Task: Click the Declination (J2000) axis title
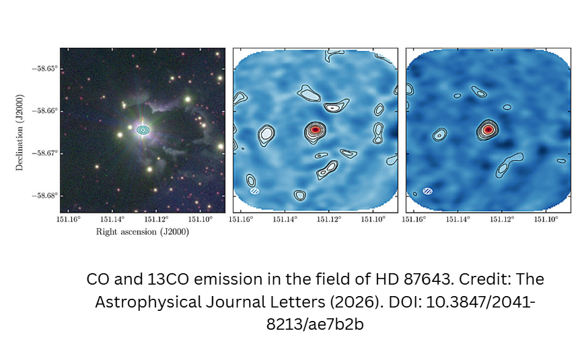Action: (x=20, y=133)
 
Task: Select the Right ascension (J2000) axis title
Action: (x=143, y=231)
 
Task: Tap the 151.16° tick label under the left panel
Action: (x=69, y=219)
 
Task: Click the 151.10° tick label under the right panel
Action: (x=546, y=219)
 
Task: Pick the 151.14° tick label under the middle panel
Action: (x=285, y=219)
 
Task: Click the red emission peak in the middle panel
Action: (x=315, y=130)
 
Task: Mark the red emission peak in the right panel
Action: (x=488, y=130)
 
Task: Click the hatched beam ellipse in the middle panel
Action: (x=255, y=191)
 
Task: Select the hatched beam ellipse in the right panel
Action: (x=428, y=191)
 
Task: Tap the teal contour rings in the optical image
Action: (x=143, y=130)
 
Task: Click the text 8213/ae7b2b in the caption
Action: (x=315, y=324)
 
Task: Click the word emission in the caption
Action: (x=228, y=279)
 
